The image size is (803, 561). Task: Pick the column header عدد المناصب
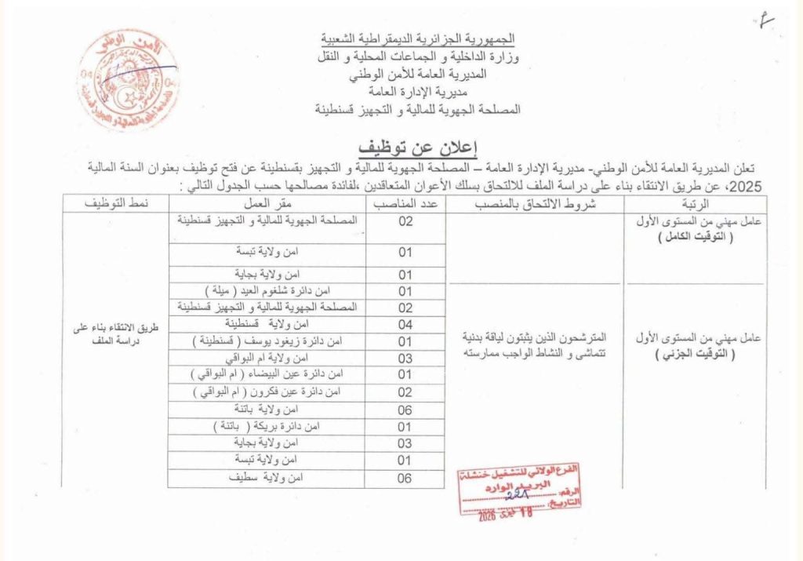405,204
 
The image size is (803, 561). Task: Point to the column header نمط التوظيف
116,204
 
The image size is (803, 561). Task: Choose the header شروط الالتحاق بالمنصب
536,204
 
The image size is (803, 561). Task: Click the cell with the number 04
405,323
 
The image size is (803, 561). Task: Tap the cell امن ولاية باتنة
267,410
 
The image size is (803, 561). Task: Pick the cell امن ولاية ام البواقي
267,358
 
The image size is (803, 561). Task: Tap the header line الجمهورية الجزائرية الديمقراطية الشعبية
420,38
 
